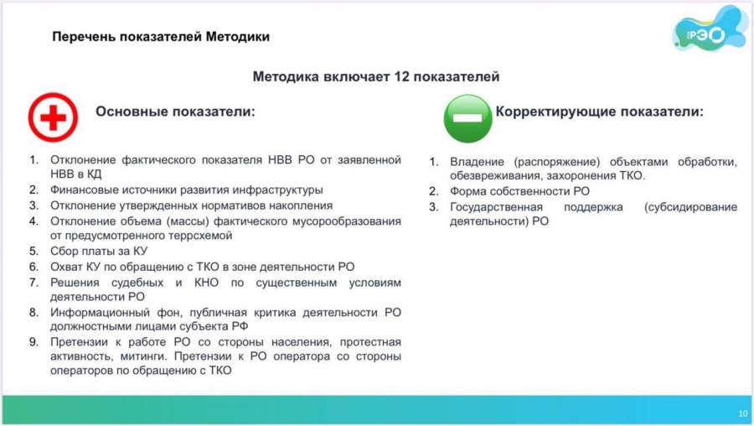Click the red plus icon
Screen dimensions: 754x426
coord(53,117)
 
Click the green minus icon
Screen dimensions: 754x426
coord(467,118)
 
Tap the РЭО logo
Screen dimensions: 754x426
coord(710,30)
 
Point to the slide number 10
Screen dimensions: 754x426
coord(743,413)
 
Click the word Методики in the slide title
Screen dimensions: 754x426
coord(238,37)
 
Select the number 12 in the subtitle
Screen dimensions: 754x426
coord(401,76)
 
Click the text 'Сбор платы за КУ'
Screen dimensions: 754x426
coord(99,252)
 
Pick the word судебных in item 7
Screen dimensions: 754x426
coord(137,283)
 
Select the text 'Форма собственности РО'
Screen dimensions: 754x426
coord(519,191)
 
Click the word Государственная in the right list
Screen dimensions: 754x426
coord(496,207)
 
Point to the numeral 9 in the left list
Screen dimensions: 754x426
coord(33,342)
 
